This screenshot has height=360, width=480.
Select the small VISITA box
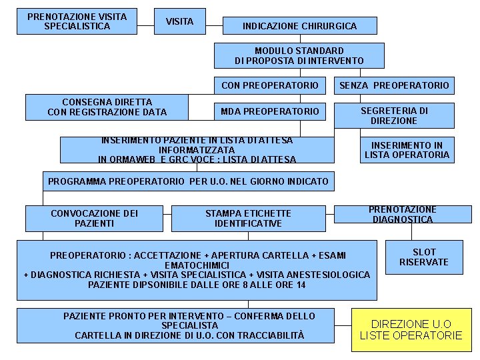click(x=179, y=22)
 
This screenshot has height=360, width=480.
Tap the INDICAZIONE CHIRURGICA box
click(x=299, y=27)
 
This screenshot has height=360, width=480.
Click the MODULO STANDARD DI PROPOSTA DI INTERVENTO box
click(x=299, y=55)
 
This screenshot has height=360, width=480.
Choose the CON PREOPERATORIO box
click(x=270, y=85)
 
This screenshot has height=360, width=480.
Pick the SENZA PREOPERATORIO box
click(x=394, y=85)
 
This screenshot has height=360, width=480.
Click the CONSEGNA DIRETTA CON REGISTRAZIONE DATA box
click(x=107, y=107)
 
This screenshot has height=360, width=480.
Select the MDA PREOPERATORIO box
click(x=270, y=111)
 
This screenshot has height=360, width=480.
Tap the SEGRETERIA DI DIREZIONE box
click(x=394, y=115)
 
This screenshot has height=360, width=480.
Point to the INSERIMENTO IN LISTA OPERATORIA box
click(x=407, y=150)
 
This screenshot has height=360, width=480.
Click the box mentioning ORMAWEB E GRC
click(x=197, y=150)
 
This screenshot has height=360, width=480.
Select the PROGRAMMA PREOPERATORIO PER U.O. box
click(x=189, y=181)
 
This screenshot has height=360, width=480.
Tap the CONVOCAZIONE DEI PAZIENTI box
click(x=94, y=218)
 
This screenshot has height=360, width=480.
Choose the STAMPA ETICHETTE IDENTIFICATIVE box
click(x=248, y=218)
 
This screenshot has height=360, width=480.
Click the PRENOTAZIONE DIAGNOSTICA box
click(x=403, y=214)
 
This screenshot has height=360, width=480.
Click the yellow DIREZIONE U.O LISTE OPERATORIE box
click(x=411, y=329)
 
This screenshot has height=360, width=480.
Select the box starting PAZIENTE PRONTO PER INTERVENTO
click(x=189, y=325)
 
